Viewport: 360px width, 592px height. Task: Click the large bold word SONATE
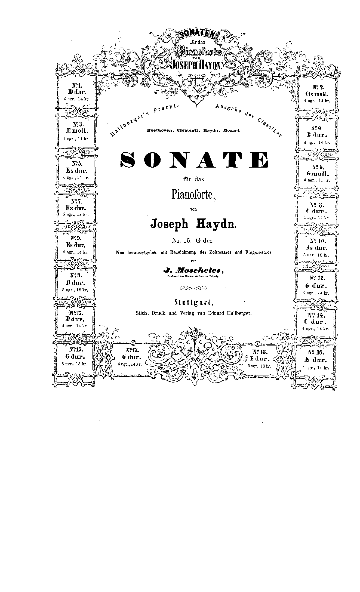click(194, 159)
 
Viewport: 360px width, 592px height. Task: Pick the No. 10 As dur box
click(316, 248)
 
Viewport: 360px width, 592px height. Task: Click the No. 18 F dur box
click(259, 358)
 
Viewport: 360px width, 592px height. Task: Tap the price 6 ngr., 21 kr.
click(76, 178)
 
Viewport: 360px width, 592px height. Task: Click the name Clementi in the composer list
click(187, 130)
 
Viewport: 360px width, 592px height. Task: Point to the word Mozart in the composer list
click(232, 130)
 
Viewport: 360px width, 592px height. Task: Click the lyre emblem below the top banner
click(196, 82)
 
